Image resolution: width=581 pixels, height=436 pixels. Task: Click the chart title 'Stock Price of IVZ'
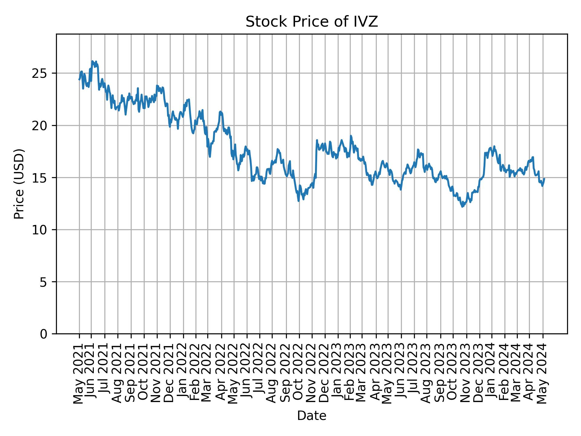pos(312,22)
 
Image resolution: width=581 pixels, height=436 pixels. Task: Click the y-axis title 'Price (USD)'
pos(19,184)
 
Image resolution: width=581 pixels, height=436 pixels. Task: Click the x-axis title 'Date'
pos(312,416)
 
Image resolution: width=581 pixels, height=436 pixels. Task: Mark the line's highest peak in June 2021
pos(92,61)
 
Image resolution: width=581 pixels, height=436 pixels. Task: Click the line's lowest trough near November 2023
pos(462,207)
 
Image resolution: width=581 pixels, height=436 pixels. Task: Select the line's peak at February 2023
pos(351,136)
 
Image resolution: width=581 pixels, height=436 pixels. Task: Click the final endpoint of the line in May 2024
pos(544,179)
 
